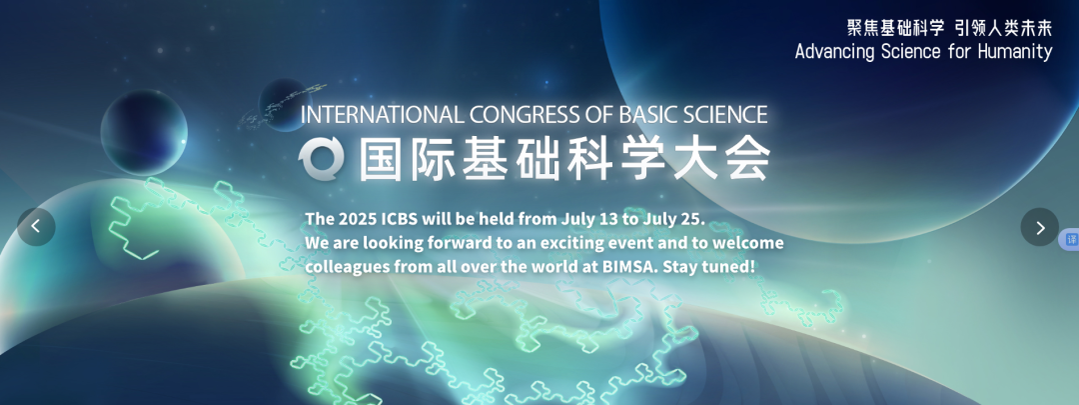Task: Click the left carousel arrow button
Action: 36,227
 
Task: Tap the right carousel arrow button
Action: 1040,227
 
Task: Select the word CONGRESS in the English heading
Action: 508,114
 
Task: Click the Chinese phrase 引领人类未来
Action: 1003,28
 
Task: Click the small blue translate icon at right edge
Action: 1071,239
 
